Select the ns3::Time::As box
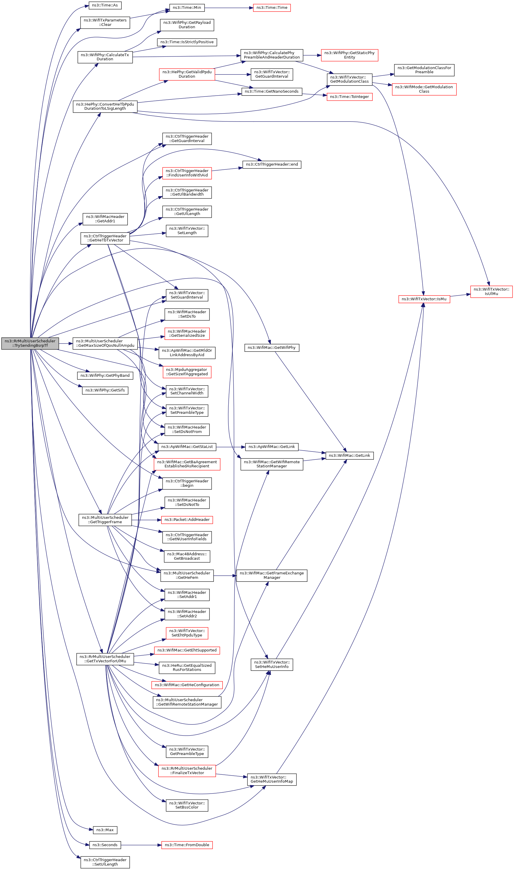(x=105, y=5)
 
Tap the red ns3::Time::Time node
(x=272, y=8)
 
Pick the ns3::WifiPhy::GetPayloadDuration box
(x=187, y=25)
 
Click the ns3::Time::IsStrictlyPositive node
(x=187, y=42)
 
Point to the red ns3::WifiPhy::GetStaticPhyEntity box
(x=349, y=55)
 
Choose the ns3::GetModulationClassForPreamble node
(x=424, y=70)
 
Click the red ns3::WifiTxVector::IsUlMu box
(x=491, y=291)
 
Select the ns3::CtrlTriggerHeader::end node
(x=272, y=164)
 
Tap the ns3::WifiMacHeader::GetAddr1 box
(x=105, y=219)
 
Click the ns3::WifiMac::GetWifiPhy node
(x=272, y=348)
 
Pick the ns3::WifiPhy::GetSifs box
(x=105, y=390)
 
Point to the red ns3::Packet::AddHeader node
(x=187, y=520)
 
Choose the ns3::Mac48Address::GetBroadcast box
(x=187, y=556)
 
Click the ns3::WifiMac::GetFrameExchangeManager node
(x=272, y=575)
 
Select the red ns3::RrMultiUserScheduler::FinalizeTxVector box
(x=187, y=771)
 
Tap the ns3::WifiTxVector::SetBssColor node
(x=187, y=805)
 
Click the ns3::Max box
(x=105, y=830)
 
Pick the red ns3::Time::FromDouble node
(x=187, y=845)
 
